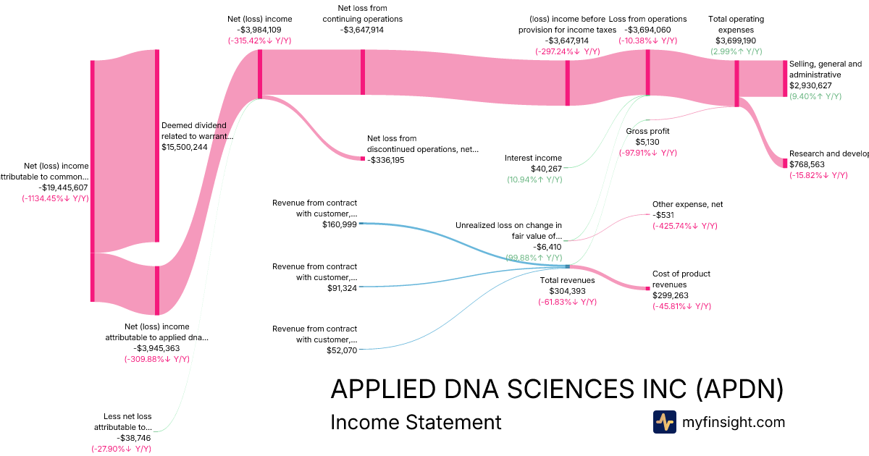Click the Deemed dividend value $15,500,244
pyautogui.click(x=185, y=146)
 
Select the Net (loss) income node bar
pyautogui.click(x=259, y=73)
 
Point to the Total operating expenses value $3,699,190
pyautogui.click(x=736, y=41)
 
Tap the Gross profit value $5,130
pyautogui.click(x=647, y=142)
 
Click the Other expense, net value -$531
pyautogui.click(x=664, y=215)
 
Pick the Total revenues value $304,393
pyautogui.click(x=568, y=291)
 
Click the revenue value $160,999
pyautogui.click(x=340, y=225)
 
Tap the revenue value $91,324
pyautogui.click(x=342, y=288)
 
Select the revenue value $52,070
pyautogui.click(x=342, y=350)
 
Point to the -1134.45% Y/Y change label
pyautogui.click(x=55, y=198)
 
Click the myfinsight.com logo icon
pyautogui.click(x=664, y=422)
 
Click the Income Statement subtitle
pyautogui.click(x=415, y=422)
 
